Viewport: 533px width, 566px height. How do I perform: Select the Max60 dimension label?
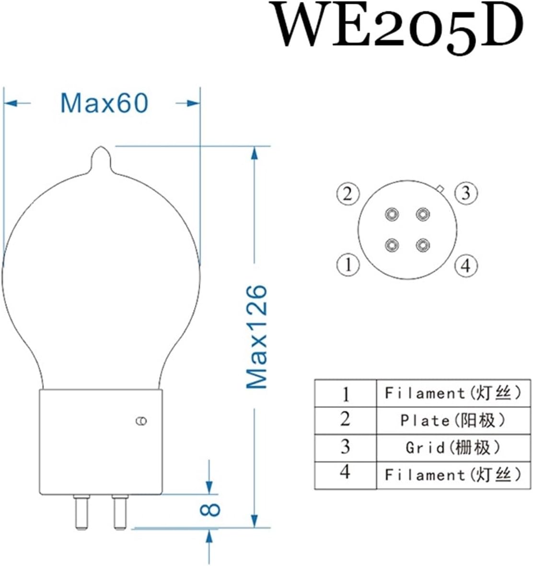(104, 103)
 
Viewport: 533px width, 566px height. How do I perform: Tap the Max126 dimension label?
(256, 336)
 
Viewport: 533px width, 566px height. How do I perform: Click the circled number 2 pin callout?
(348, 194)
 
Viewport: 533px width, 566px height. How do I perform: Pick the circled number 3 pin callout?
(466, 194)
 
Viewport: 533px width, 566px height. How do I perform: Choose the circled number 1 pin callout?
(348, 265)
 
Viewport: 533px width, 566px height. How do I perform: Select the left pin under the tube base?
(81, 512)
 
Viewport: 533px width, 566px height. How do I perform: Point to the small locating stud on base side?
(141, 421)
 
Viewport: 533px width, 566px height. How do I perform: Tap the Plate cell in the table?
(452, 421)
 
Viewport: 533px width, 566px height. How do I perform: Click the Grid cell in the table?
(452, 448)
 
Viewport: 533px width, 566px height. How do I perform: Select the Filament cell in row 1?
(452, 393)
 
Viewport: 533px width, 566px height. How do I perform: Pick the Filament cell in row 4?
(452, 475)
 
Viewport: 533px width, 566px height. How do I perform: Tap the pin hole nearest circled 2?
(392, 214)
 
